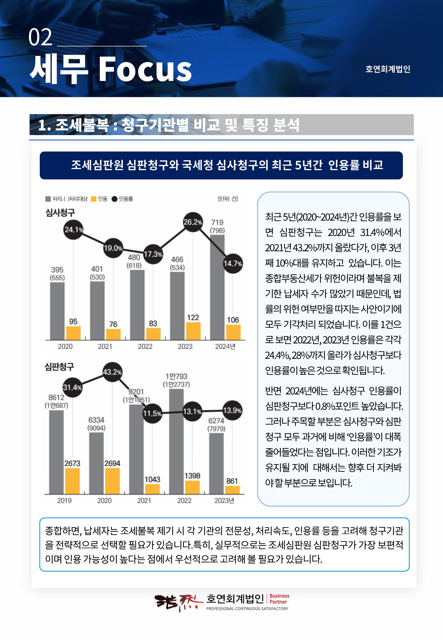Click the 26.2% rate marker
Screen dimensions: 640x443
193,222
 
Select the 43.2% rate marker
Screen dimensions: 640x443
112,372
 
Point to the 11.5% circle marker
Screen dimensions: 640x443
152,413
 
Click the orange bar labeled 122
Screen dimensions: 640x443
193,331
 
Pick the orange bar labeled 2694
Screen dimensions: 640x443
112,481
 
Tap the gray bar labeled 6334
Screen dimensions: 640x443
96,463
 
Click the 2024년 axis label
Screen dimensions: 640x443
225,346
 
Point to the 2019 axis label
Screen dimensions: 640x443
64,500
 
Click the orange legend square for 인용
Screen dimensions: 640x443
94,199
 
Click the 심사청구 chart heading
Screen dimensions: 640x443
60,213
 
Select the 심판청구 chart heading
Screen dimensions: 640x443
59,367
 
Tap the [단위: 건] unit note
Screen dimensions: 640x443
228,199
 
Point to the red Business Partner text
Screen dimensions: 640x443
279,599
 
